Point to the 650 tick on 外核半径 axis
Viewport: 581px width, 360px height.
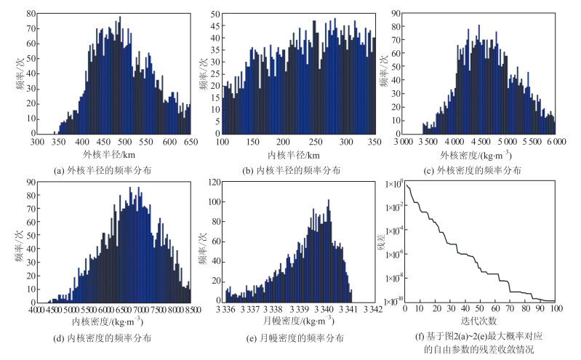pos(191,143)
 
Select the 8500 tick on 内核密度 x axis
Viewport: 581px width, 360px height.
pos(191,310)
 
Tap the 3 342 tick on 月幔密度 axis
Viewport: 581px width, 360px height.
pos(372,310)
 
